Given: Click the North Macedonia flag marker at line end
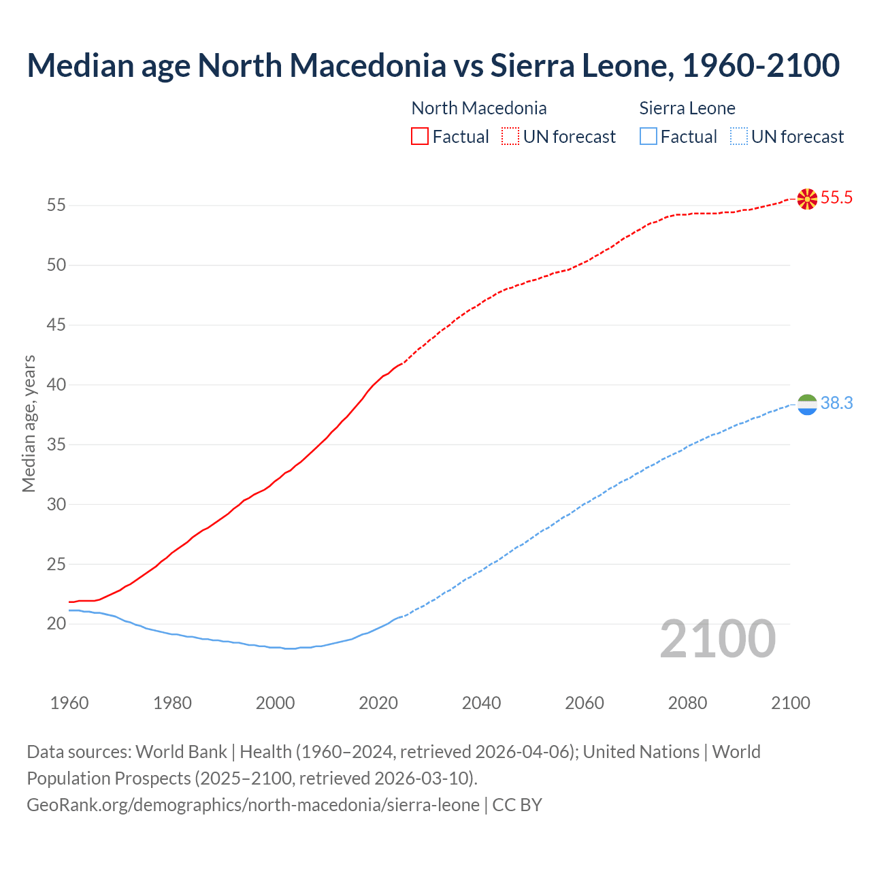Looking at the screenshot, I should click(x=807, y=199).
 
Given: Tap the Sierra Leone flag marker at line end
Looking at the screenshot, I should click(x=807, y=404).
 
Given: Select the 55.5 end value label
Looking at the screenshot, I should click(x=836, y=198).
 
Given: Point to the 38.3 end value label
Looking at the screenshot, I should click(x=836, y=404).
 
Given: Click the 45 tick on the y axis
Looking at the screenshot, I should click(x=56, y=325).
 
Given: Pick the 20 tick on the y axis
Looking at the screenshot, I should click(x=56, y=623).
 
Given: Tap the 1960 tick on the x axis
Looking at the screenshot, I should click(x=69, y=703).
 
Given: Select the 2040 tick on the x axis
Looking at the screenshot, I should click(x=481, y=703).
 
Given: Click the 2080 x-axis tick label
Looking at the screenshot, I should click(x=687, y=703).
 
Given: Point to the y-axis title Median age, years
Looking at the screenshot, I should click(x=29, y=423).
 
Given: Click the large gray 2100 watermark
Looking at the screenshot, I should click(x=718, y=639).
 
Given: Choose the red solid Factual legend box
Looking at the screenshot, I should click(x=420, y=137).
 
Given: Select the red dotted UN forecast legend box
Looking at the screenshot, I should click(x=510, y=137).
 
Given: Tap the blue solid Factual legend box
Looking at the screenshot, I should click(x=648, y=137).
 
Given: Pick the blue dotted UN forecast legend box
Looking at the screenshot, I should click(x=738, y=137).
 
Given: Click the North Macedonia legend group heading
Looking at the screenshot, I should click(x=479, y=108).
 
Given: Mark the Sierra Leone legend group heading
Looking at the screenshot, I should click(x=687, y=108).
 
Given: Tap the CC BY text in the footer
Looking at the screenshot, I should click(x=517, y=805).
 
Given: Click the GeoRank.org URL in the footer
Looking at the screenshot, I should click(x=253, y=805).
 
